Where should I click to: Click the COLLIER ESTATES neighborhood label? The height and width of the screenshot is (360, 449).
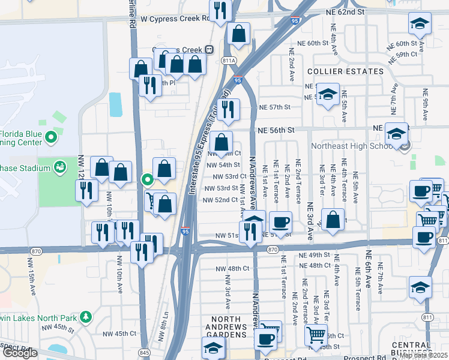pyautogui.click(x=345, y=71)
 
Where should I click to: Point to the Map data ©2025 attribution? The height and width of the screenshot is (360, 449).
pyautogui.click(x=424, y=355)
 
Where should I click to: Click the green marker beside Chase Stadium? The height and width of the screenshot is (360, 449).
pyautogui.click(x=60, y=166)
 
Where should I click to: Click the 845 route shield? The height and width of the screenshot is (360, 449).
pyautogui.click(x=144, y=352)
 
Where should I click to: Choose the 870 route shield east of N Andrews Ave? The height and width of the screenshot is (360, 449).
pyautogui.click(x=273, y=248)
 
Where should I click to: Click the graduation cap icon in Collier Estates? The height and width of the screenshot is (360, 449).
pyautogui.click(x=328, y=95)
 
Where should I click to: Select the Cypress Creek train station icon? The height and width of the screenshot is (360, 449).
pyautogui.click(x=209, y=49)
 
